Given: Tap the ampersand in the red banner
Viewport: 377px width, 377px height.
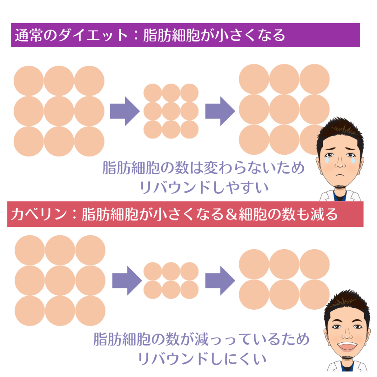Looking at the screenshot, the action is (231, 214).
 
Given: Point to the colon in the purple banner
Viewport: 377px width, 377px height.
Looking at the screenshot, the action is (135, 35).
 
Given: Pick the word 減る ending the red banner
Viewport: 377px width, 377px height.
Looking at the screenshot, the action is (324, 214).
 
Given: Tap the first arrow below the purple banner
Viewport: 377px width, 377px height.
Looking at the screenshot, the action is (125, 111).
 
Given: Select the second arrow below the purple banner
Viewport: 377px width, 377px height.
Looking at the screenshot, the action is (220, 111).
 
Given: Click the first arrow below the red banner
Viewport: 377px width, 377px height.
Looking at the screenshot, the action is (127, 280).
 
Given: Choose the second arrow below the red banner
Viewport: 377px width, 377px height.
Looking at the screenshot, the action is (220, 280).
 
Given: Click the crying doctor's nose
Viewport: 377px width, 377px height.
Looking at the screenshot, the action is (340, 163).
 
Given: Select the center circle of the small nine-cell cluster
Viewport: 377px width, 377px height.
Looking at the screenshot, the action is (171, 111).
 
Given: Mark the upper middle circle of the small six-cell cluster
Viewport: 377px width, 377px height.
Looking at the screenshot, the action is (171, 271).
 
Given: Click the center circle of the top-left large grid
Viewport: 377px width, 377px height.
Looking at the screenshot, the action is (59, 111).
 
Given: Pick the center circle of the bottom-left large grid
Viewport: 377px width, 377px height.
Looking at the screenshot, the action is (60, 280).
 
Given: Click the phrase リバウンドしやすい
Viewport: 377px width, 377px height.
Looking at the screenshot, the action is (204, 187).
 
